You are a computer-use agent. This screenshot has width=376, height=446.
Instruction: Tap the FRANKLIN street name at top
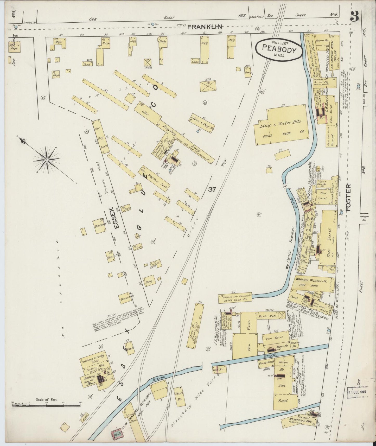205,27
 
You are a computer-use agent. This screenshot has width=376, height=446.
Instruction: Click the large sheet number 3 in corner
354,16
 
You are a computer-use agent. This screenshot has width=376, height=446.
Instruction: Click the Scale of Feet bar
46,405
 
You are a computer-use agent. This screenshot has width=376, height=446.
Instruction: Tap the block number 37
212,189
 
